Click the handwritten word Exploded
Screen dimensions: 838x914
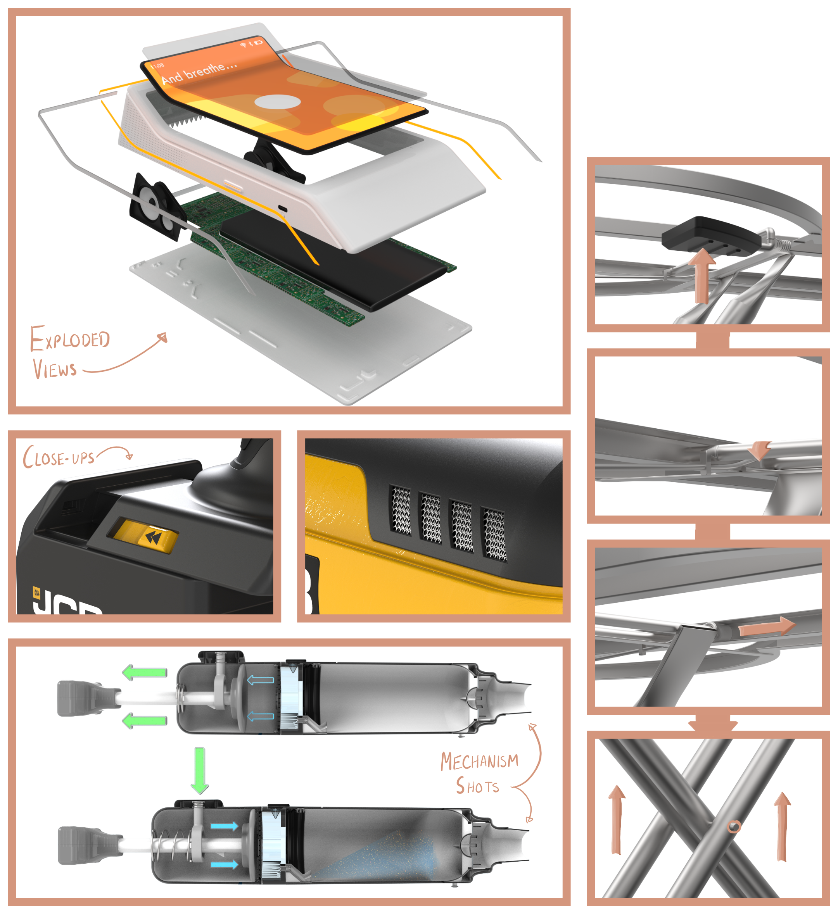(70, 339)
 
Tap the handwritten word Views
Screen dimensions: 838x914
(54, 369)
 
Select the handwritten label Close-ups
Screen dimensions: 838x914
(59, 457)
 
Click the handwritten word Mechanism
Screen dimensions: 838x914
(480, 761)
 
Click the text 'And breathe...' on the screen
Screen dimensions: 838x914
(199, 73)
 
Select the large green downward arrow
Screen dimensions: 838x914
(200, 770)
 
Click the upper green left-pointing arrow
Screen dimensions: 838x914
(145, 673)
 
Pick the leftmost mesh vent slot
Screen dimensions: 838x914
(401, 510)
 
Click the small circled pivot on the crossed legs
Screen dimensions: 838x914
(734, 826)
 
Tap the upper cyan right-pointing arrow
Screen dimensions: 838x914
(225, 826)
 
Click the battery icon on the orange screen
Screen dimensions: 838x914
(258, 43)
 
